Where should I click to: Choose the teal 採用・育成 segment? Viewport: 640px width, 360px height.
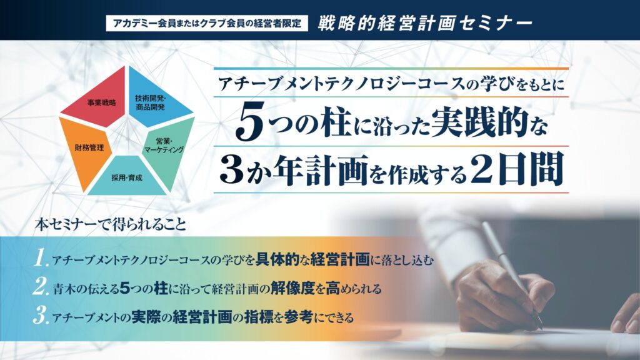(x=127, y=176)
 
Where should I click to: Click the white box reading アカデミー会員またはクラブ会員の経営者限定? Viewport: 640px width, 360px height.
(x=207, y=23)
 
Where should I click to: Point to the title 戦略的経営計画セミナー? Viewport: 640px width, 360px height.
(x=425, y=23)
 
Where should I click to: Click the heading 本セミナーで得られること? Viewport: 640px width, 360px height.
(x=111, y=225)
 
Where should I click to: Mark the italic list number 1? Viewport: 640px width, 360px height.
(x=41, y=258)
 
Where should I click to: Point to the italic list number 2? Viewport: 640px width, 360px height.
(x=41, y=287)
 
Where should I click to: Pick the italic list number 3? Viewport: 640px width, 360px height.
(x=41, y=316)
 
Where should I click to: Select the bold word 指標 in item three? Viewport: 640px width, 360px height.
(x=259, y=317)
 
